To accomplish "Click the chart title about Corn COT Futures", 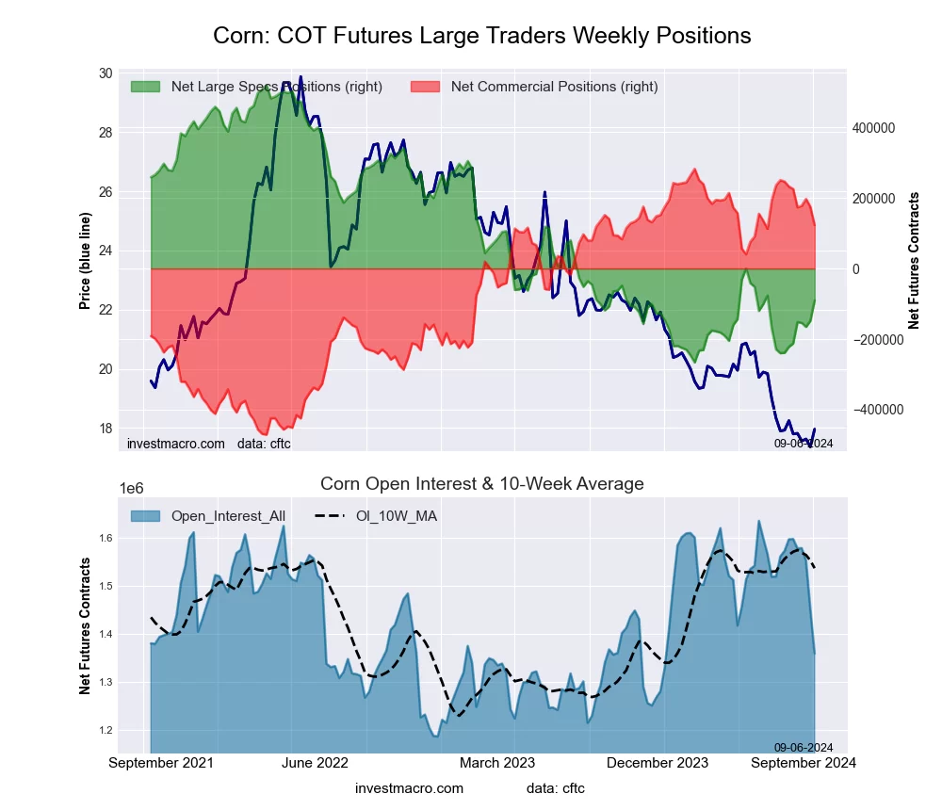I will coord(481,36).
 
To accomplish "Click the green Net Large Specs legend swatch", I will coord(145,87).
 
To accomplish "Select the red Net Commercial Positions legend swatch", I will coord(426,87).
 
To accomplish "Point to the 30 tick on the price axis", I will coord(105,73).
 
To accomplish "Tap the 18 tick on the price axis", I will coord(105,428).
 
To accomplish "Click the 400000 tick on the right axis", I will coord(871,128).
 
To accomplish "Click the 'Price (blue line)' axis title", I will coord(86,261).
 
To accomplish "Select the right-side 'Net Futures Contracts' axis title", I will coord(914,261).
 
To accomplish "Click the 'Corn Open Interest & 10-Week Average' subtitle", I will coord(481,484).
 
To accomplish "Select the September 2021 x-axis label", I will coord(161,763).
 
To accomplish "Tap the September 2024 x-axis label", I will coord(803,763).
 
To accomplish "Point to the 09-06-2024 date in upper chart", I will coord(804,443).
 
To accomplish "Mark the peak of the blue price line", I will coord(300,77).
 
